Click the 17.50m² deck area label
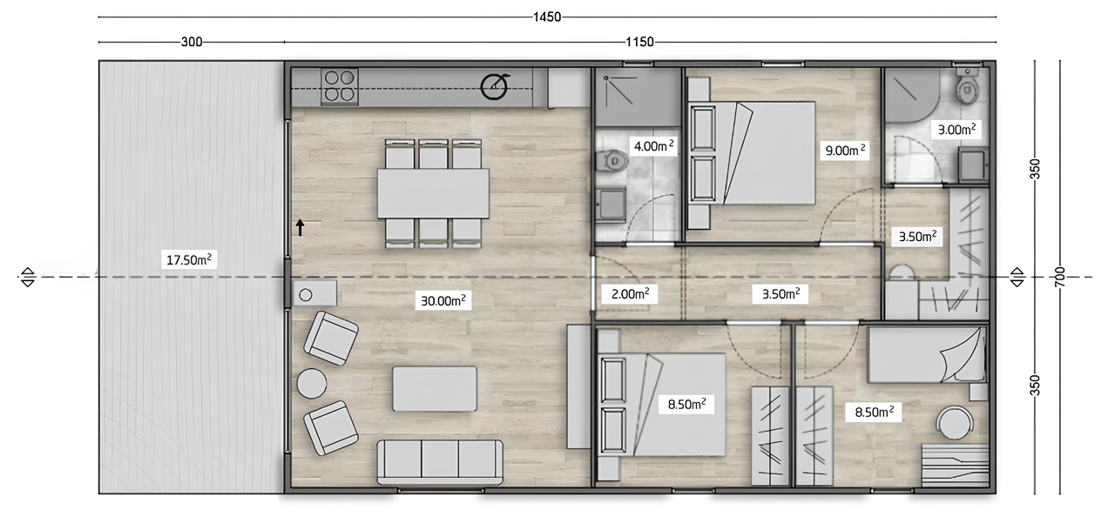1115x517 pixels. click(x=188, y=258)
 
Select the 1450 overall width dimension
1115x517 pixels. click(x=548, y=17)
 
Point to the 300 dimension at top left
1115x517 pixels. click(x=192, y=42)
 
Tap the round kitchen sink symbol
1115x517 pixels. click(x=496, y=86)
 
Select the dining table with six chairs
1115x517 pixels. click(x=433, y=192)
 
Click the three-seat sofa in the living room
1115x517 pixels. click(x=440, y=460)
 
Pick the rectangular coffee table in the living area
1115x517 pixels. click(x=435, y=388)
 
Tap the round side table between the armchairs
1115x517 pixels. click(x=312, y=383)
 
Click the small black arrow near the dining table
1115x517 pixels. click(x=300, y=228)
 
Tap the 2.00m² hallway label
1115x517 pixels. click(x=629, y=293)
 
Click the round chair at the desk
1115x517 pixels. click(x=956, y=423)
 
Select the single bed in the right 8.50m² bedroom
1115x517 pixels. click(x=925, y=356)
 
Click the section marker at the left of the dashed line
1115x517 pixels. click(x=27, y=277)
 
